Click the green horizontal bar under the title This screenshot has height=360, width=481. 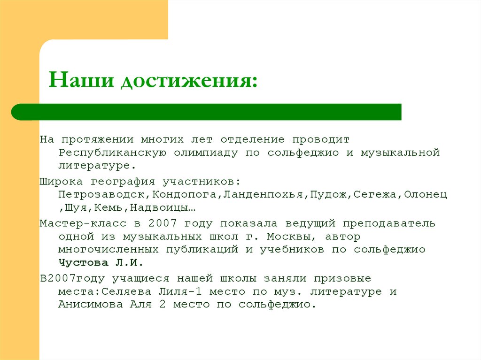pos(207,112)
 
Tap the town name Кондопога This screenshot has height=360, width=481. pos(175,194)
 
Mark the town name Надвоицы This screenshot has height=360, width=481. pos(157,207)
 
